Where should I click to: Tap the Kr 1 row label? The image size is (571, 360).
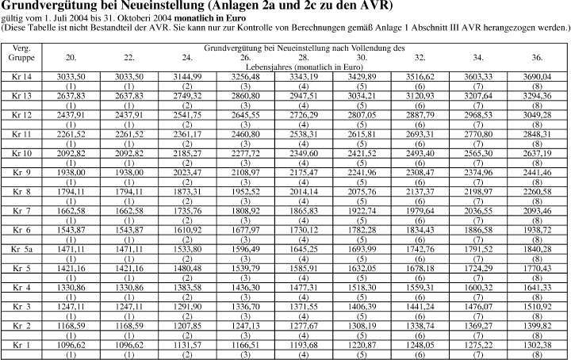click(21, 346)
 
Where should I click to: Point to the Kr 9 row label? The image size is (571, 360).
click(21, 172)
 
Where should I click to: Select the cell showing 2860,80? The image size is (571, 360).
click(246, 95)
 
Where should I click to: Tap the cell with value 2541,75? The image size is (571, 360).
click(187, 114)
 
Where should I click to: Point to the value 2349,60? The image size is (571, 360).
click(304, 153)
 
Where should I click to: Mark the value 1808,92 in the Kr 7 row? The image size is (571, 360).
click(246, 211)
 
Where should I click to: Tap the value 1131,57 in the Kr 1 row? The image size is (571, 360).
click(187, 346)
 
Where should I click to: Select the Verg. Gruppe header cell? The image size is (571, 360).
click(21, 54)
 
